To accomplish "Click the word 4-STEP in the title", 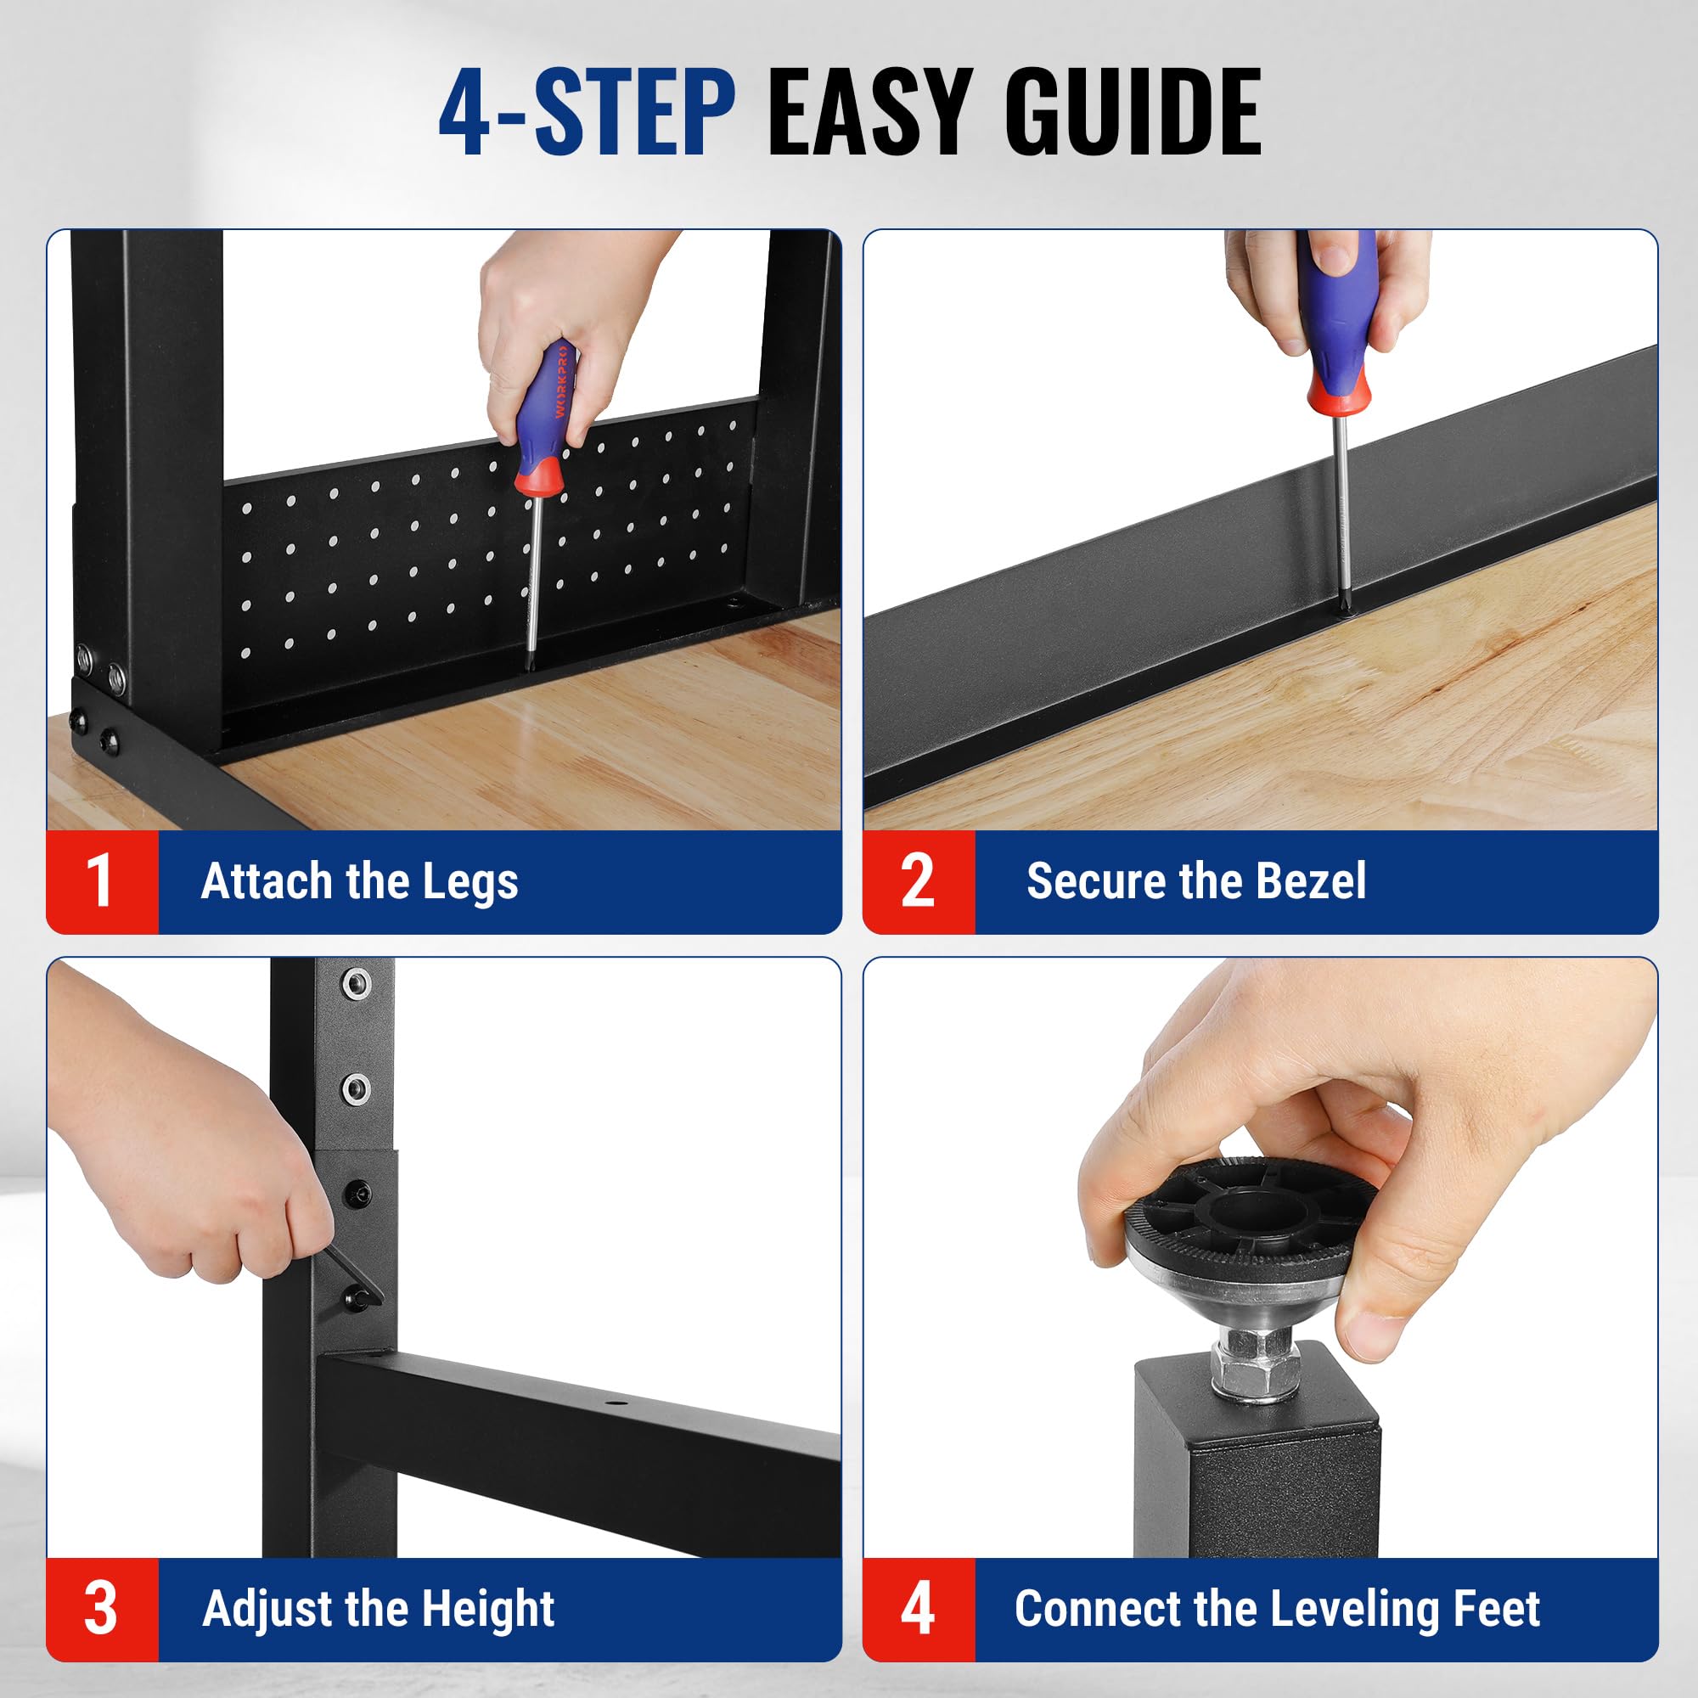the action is coord(588,114).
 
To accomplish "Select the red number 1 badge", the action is coord(102,881).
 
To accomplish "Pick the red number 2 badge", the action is coord(919,881).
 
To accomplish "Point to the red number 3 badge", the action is coord(102,1609).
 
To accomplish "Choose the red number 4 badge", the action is coord(919,1609).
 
